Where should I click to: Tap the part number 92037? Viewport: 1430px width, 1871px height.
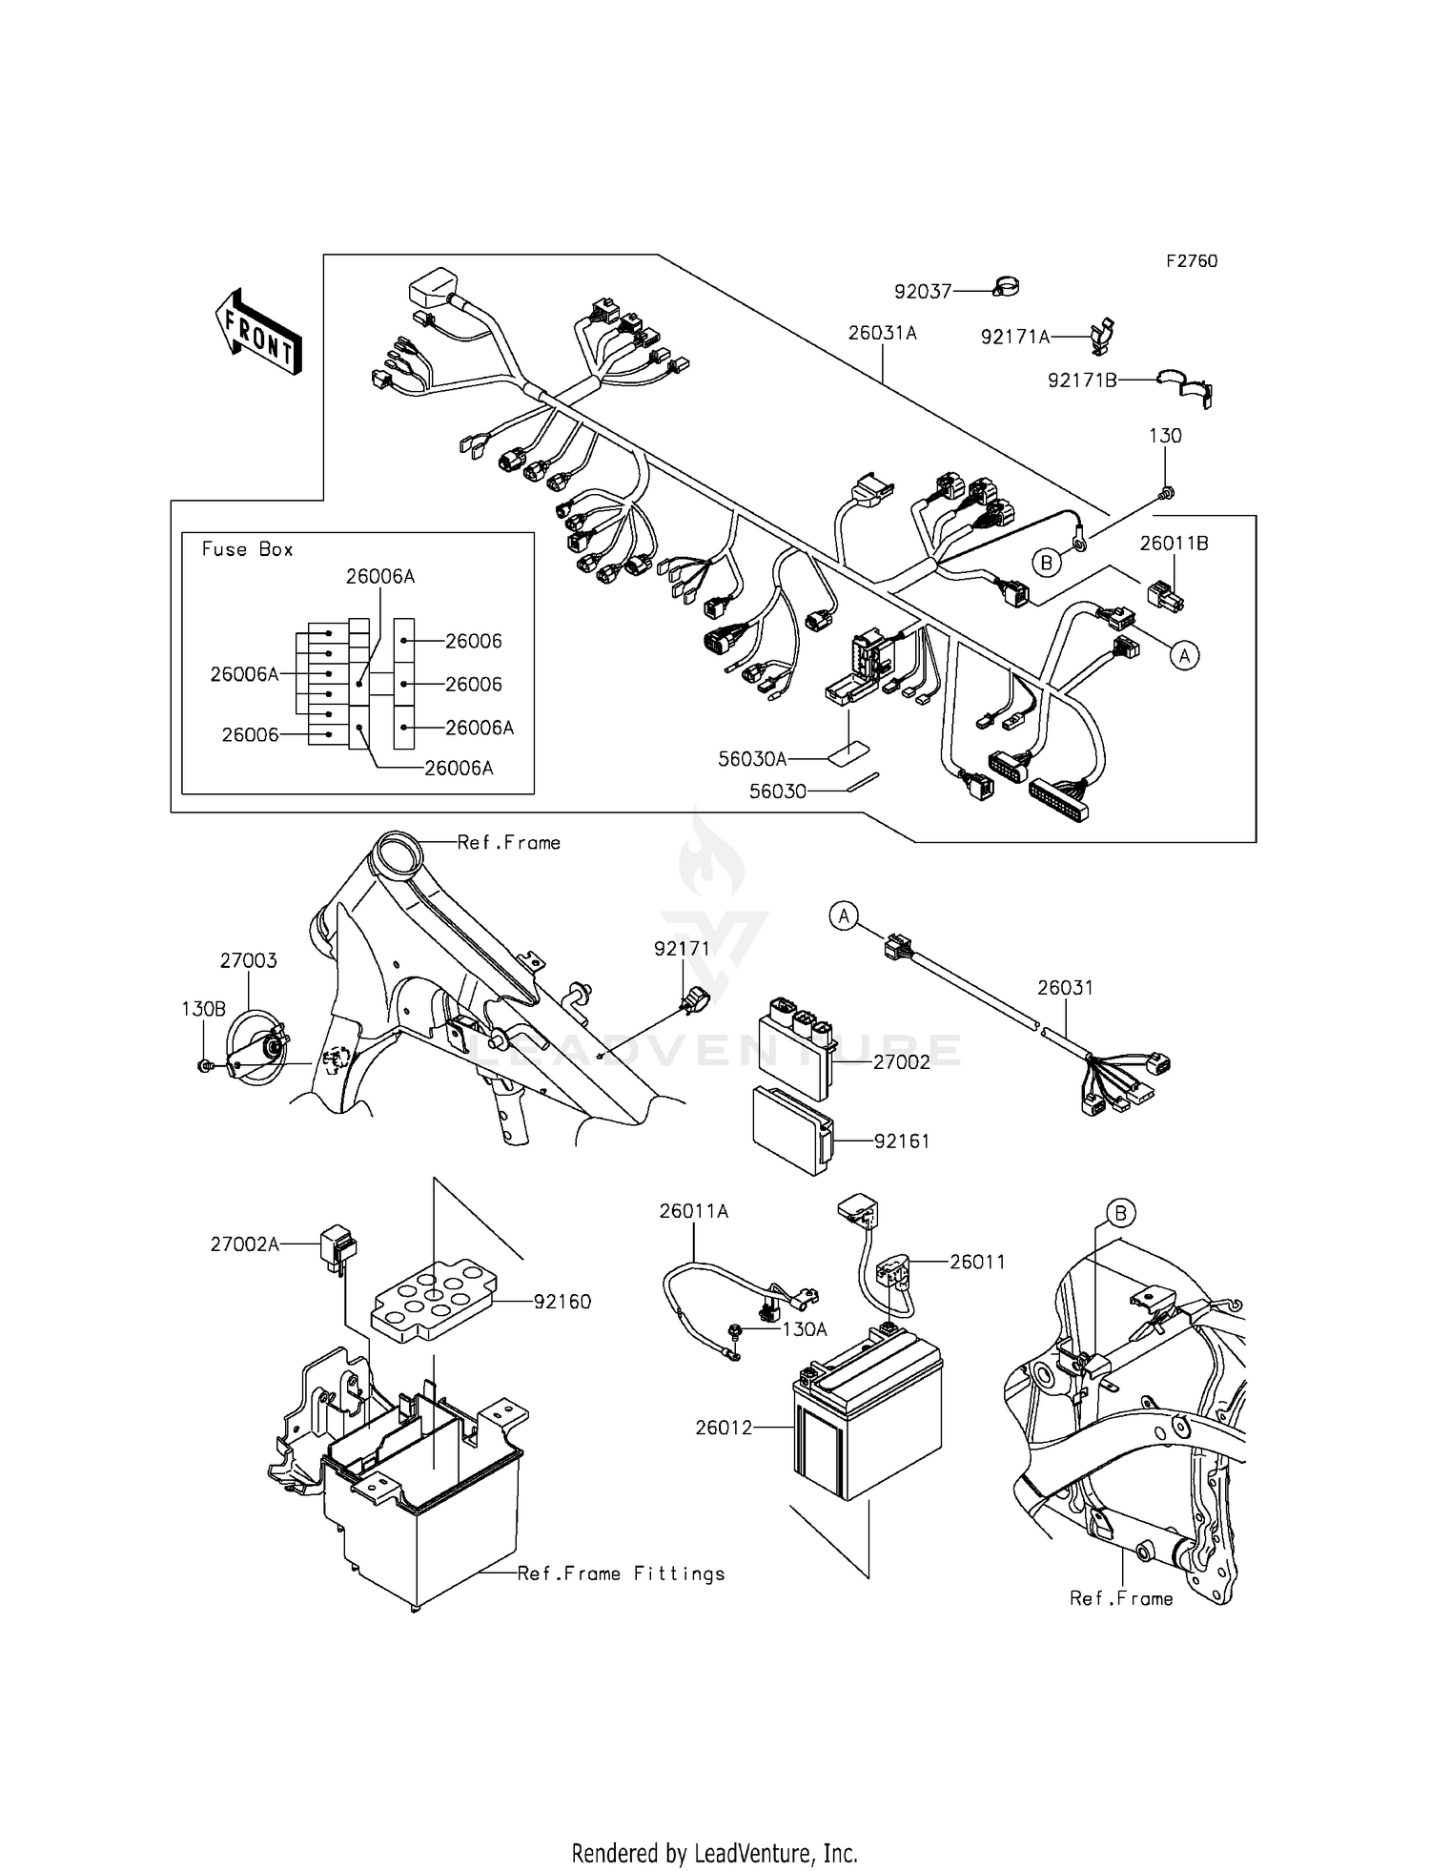[922, 291]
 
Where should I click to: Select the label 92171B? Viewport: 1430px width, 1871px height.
[1081, 380]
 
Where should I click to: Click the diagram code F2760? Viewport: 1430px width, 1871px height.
[1191, 261]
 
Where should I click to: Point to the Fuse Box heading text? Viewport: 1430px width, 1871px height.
[247, 549]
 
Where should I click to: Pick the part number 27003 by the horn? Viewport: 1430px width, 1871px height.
[248, 960]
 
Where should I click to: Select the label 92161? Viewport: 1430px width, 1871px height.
[901, 1141]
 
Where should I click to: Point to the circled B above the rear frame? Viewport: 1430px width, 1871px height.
[1121, 1214]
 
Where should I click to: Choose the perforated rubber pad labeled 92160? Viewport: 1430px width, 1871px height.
[434, 1302]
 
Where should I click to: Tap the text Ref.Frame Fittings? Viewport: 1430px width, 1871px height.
[621, 1573]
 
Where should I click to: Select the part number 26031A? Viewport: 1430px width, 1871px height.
[882, 333]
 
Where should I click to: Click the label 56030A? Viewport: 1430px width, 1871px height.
[752, 759]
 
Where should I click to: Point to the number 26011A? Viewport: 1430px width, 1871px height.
[693, 1211]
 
